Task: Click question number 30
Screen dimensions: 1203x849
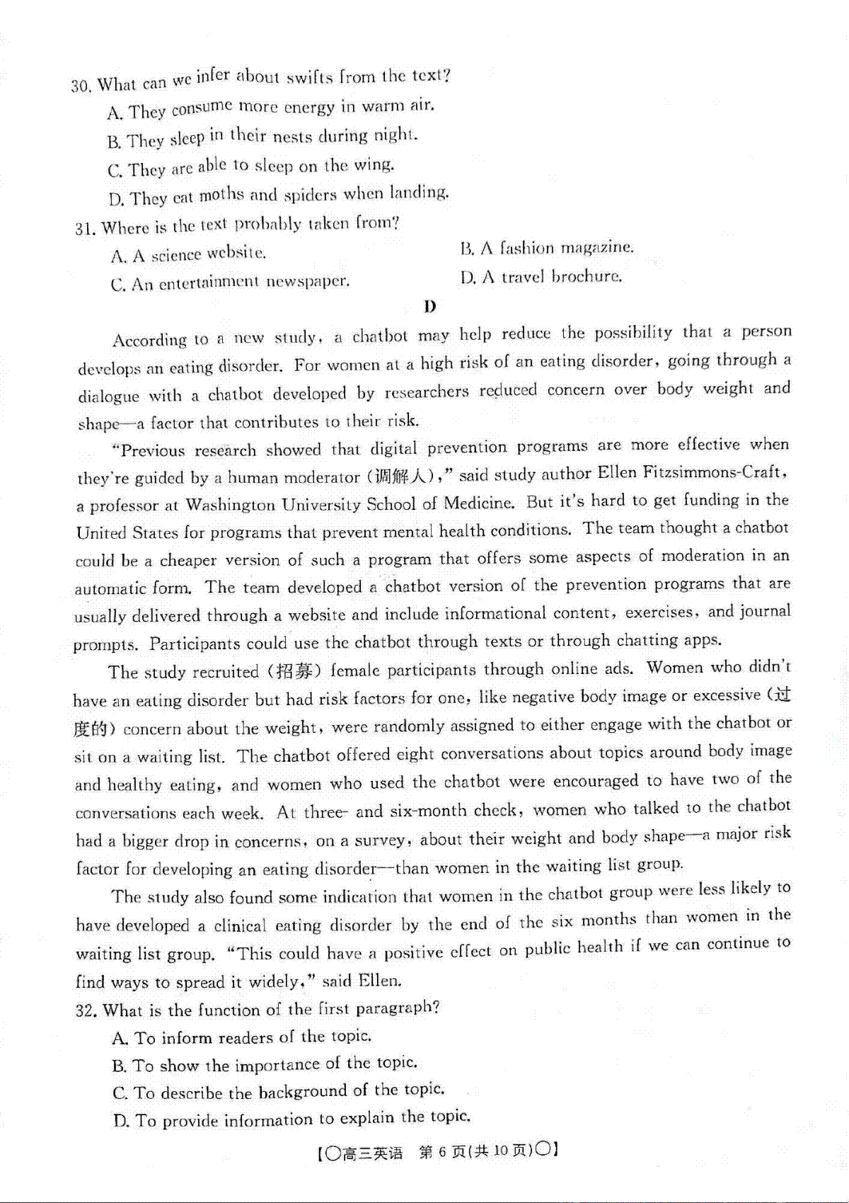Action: pyautogui.click(x=81, y=86)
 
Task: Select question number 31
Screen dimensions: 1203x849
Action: pyautogui.click(x=85, y=229)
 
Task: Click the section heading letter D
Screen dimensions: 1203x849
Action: pyautogui.click(x=429, y=306)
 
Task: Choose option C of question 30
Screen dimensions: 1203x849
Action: pyautogui.click(x=251, y=168)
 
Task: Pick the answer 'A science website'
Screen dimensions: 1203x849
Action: pyautogui.click(x=188, y=254)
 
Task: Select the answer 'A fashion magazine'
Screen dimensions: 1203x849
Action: pyautogui.click(x=547, y=248)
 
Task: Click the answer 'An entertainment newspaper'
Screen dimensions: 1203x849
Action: pyautogui.click(x=230, y=283)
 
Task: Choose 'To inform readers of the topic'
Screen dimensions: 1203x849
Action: pyautogui.click(x=242, y=1037)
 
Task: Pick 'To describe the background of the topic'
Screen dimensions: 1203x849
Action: pyautogui.click(x=278, y=1091)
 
